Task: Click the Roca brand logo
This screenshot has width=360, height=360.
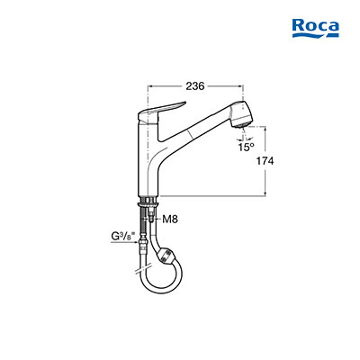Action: (316, 29)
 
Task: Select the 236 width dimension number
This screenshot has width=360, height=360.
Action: (195, 86)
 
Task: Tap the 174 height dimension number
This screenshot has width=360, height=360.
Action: (265, 161)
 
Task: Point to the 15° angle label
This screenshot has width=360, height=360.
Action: (246, 147)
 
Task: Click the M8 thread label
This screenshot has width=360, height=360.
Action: (170, 220)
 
